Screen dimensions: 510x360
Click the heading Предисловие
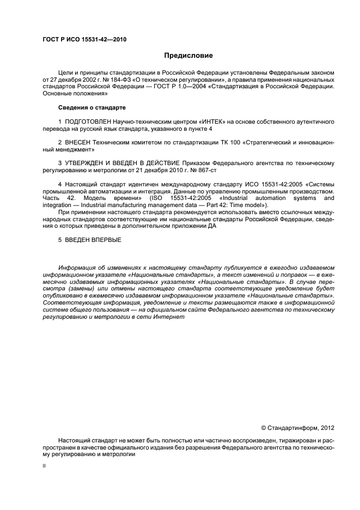click(189, 55)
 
